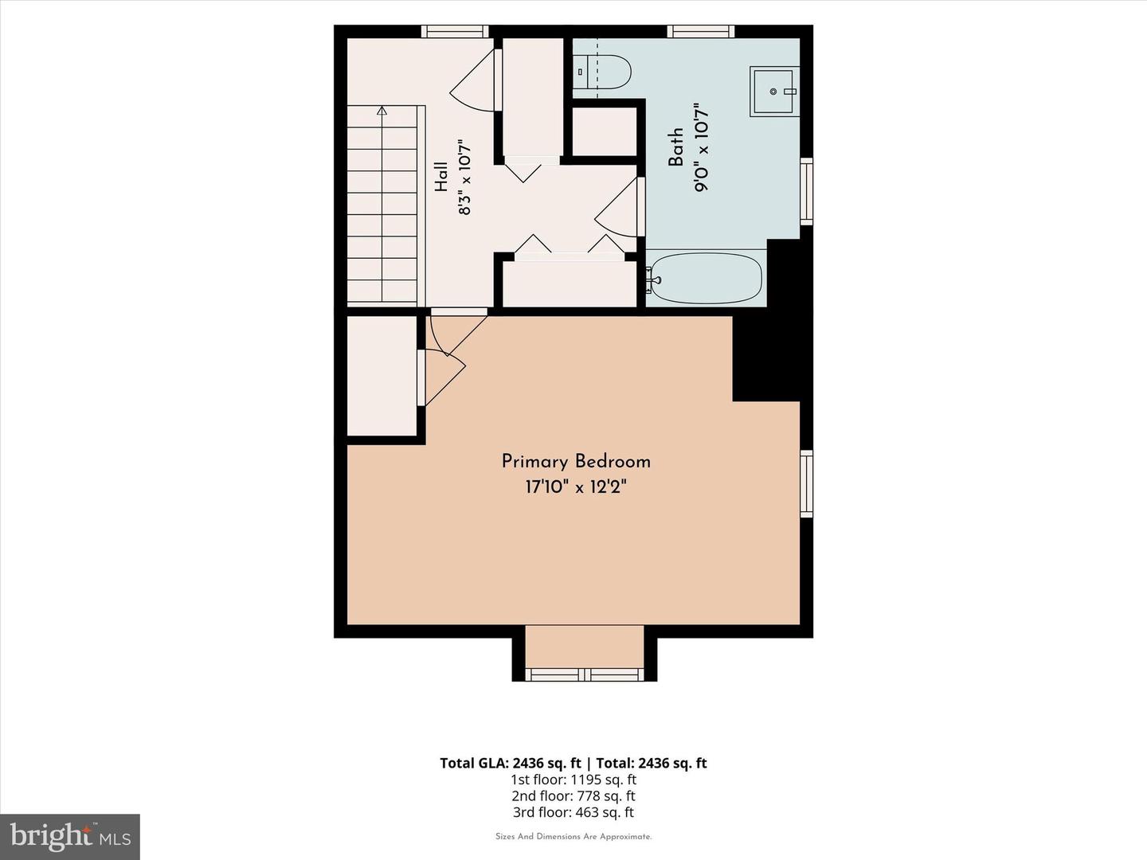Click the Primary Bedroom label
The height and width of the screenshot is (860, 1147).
(x=576, y=462)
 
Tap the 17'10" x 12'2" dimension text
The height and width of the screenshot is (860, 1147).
(x=576, y=487)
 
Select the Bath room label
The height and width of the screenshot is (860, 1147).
(x=675, y=147)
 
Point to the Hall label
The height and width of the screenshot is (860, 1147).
(x=441, y=176)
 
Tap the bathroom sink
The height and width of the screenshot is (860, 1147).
(x=774, y=92)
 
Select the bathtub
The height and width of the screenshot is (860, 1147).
(x=706, y=279)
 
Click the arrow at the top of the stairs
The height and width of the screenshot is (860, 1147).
(x=382, y=111)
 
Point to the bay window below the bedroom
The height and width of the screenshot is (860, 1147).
(x=584, y=674)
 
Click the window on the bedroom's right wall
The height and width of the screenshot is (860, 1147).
(x=806, y=484)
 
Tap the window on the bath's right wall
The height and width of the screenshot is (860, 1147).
(x=806, y=192)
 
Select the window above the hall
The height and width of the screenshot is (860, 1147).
(x=455, y=31)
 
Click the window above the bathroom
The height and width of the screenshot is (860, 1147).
(x=701, y=31)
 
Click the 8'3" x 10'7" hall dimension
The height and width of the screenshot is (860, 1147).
(x=464, y=177)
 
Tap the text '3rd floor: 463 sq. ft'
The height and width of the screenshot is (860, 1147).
(x=573, y=812)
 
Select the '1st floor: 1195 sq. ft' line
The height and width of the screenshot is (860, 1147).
(x=573, y=780)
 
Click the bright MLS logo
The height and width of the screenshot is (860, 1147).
(x=70, y=837)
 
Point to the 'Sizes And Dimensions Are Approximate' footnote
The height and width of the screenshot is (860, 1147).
(x=573, y=836)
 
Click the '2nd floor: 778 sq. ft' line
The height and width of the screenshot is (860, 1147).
(x=573, y=795)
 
